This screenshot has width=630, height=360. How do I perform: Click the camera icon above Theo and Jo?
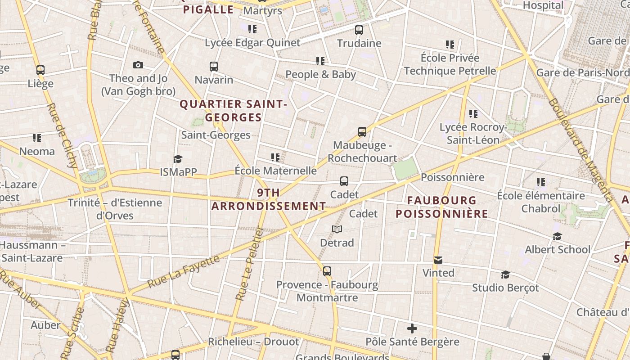point(138,65)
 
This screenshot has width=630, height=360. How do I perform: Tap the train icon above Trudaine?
point(359,30)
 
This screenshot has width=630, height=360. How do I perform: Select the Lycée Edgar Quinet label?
point(252,43)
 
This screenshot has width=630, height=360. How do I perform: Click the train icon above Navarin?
point(214,67)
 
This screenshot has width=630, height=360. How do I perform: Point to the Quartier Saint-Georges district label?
point(233,111)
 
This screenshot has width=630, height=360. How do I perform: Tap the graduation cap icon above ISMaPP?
point(178,159)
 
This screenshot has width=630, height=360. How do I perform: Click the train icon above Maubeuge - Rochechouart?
point(362,132)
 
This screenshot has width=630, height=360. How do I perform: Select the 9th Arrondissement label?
point(269,199)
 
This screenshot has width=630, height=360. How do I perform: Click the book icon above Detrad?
point(337,229)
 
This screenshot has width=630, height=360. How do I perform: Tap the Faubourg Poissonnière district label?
point(442,207)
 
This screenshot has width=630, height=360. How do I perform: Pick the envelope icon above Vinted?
point(438,260)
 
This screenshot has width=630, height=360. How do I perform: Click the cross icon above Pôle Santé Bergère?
point(412,328)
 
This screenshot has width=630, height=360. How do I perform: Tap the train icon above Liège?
point(40,70)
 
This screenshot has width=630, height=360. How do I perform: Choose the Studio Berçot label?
point(505,288)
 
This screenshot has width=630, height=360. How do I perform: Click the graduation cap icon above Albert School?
point(558,236)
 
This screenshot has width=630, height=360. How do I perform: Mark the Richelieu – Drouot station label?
point(253,342)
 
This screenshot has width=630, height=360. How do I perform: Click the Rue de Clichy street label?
point(63,135)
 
